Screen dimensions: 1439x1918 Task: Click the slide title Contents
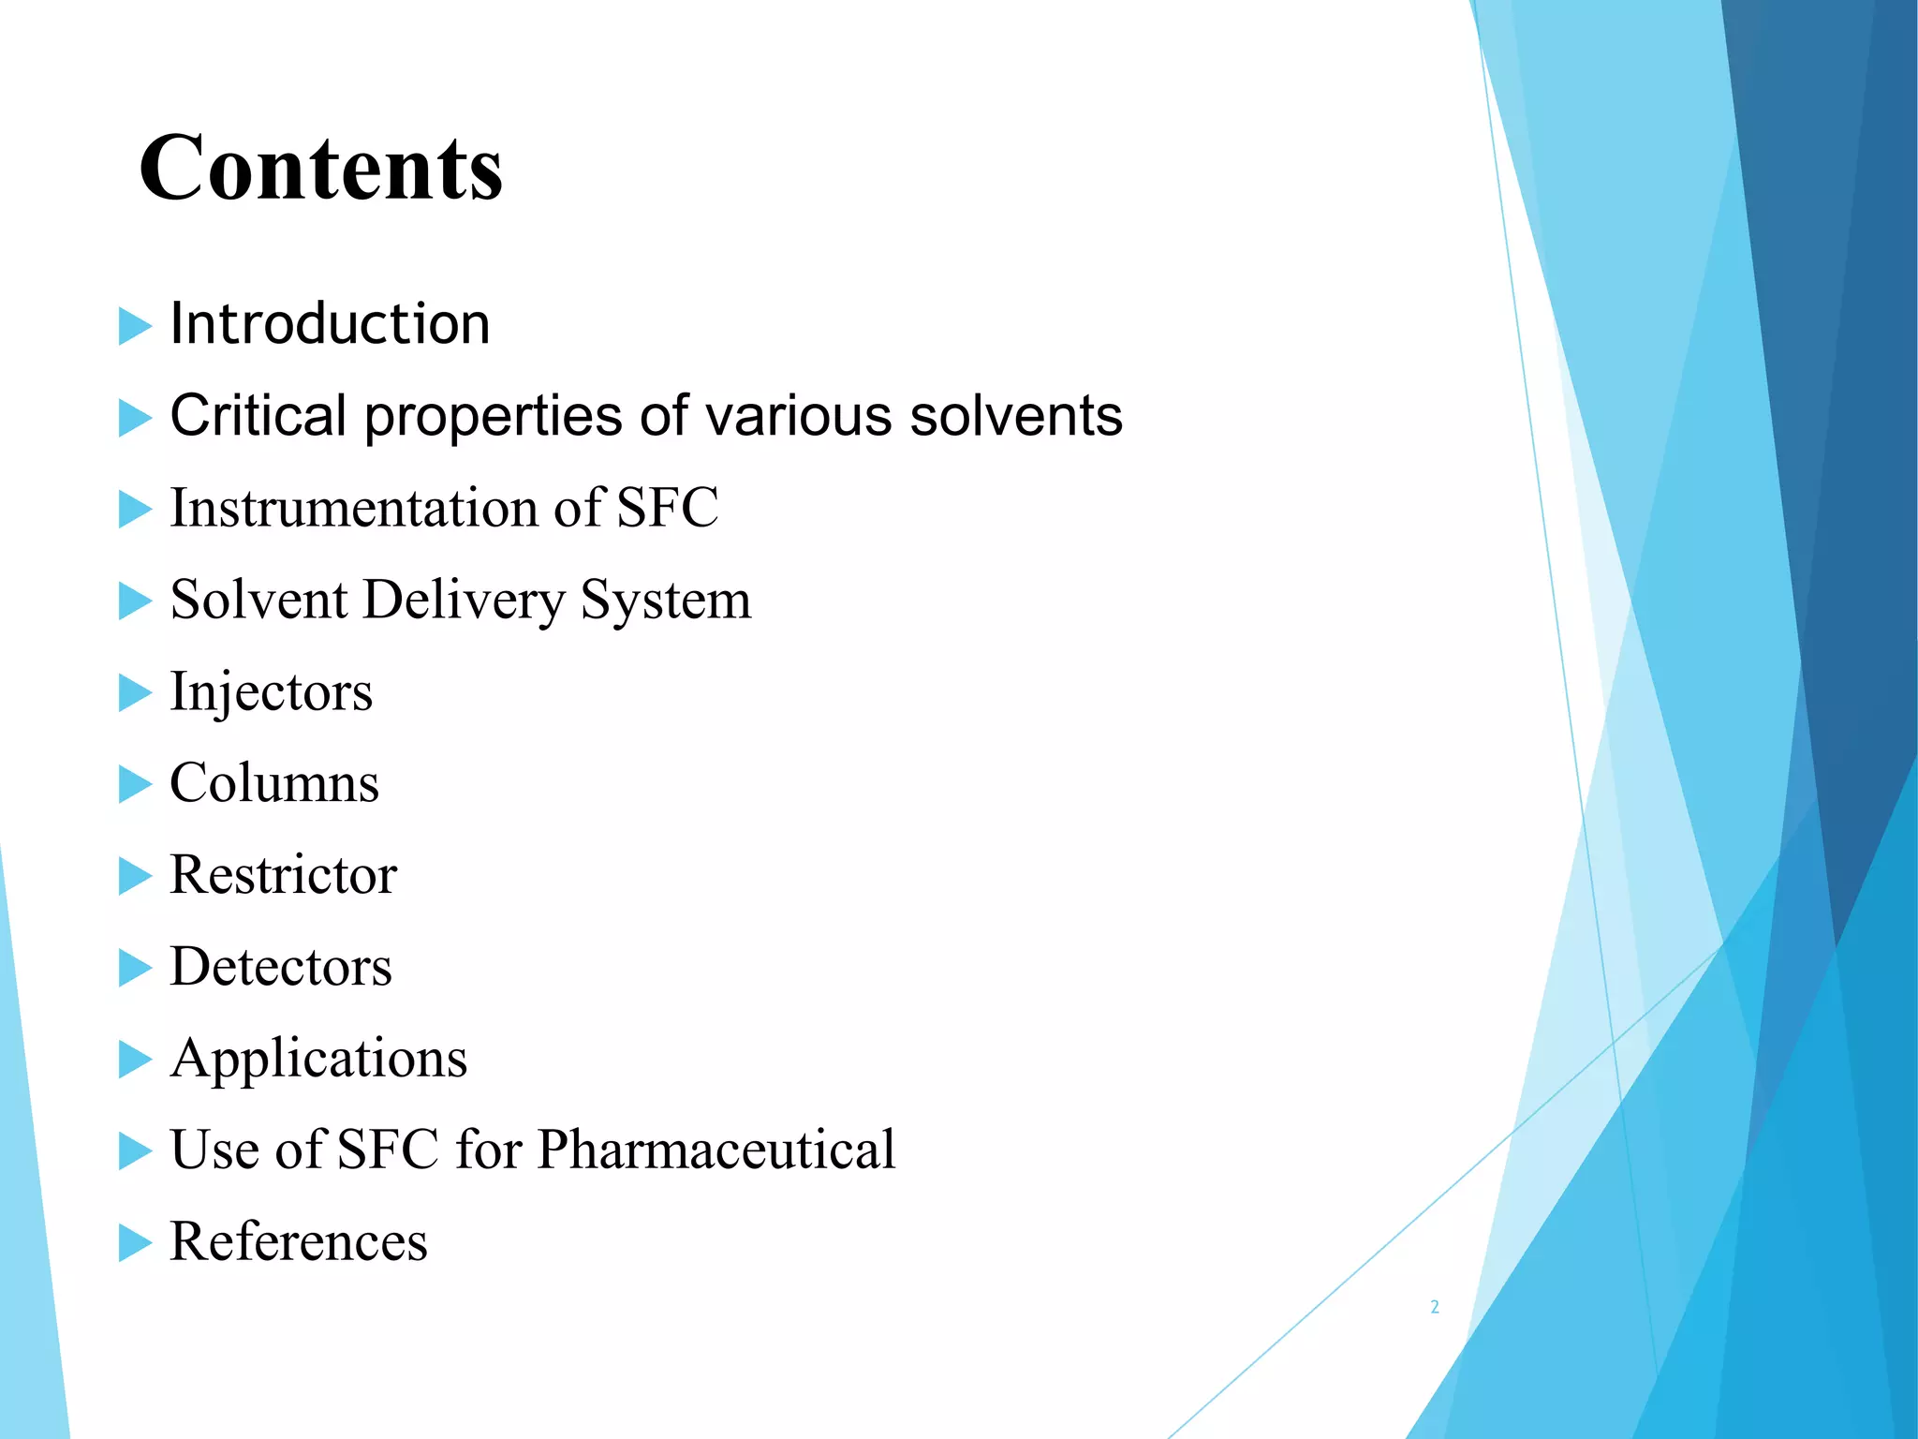tap(321, 169)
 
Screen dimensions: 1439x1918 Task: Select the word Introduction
tap(330, 324)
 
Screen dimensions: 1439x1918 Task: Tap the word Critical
tap(258, 415)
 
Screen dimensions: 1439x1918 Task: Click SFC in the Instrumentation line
tap(667, 508)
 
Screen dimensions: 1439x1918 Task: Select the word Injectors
tap(271, 692)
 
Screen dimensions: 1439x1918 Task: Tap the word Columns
tap(274, 783)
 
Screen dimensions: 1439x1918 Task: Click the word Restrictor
tap(283, 875)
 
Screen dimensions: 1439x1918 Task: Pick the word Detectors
tap(280, 967)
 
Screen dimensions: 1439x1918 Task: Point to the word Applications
tap(318, 1059)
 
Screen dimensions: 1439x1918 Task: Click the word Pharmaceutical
tap(716, 1150)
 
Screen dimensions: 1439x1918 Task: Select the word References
tap(298, 1241)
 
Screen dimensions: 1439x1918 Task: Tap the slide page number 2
tap(1435, 1307)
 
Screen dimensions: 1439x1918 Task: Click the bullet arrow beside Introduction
tap(135, 327)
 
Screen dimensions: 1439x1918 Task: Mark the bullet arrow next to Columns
tap(135, 785)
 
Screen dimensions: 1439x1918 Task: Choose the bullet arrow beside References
tap(135, 1243)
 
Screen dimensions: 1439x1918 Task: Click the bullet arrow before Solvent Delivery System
tap(135, 601)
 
